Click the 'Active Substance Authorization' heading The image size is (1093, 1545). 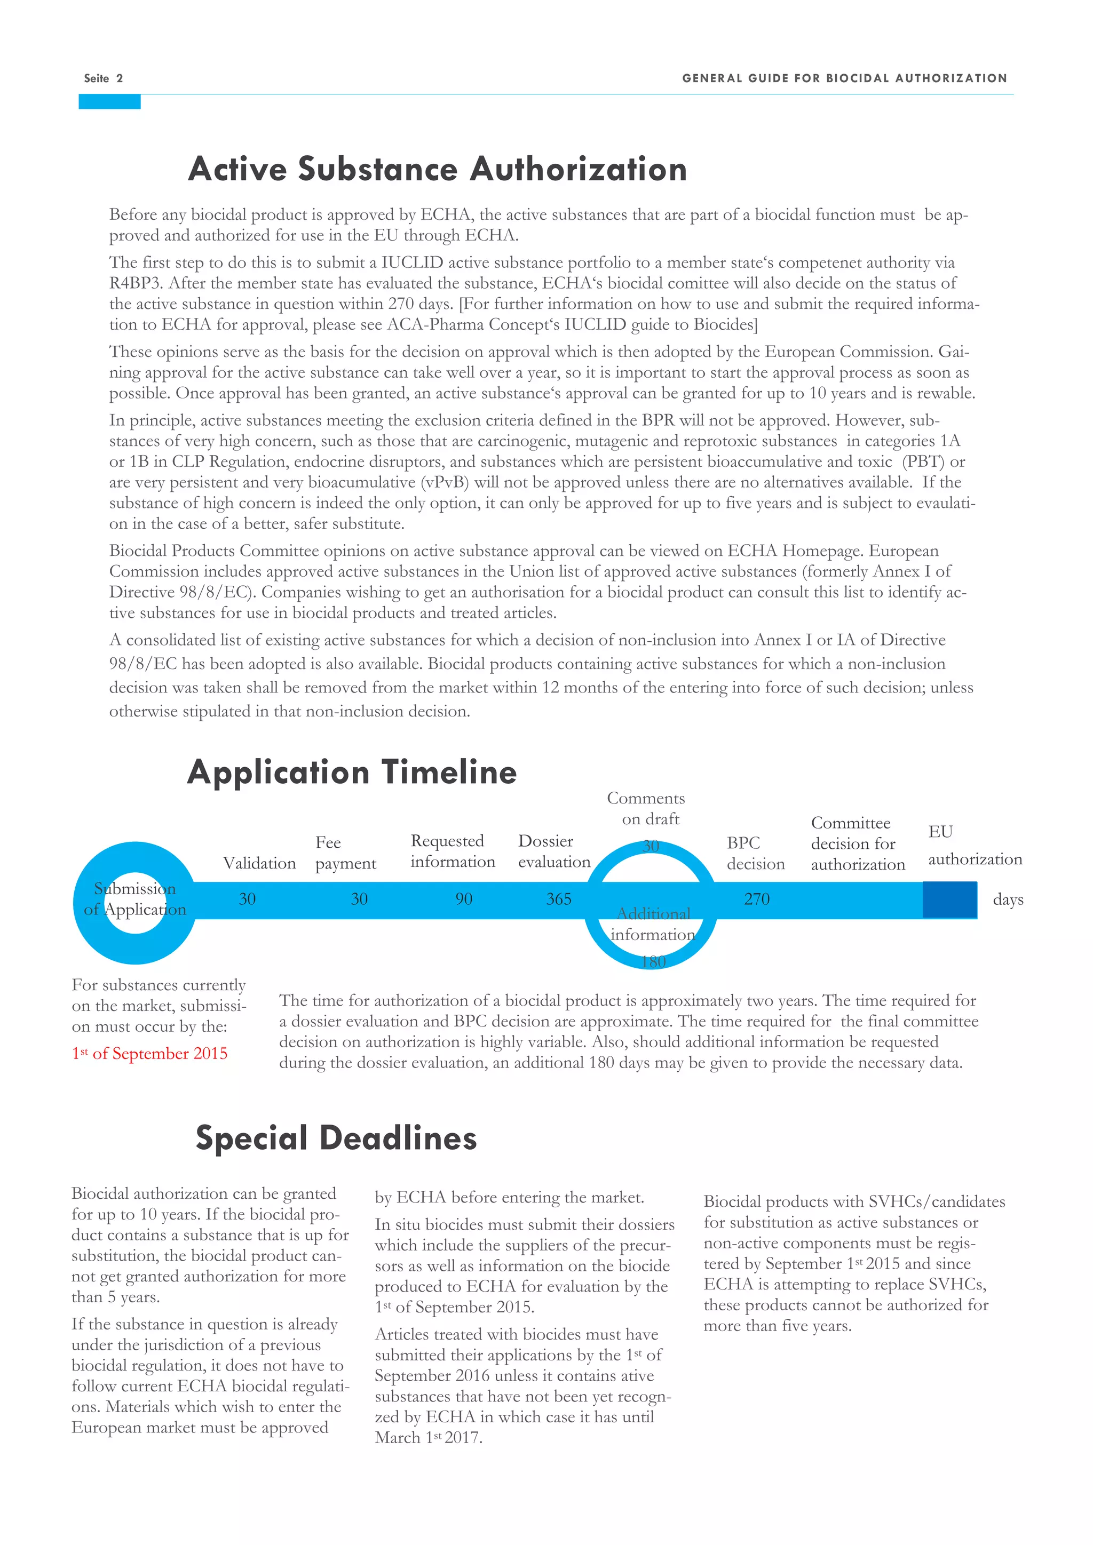[x=438, y=169]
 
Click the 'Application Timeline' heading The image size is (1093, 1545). [x=352, y=772]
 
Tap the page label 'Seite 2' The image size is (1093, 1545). [x=103, y=78]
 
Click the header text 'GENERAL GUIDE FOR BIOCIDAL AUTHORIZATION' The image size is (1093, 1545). [x=844, y=78]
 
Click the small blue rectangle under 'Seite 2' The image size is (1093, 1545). [x=109, y=101]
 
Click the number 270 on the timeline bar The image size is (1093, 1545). [x=756, y=899]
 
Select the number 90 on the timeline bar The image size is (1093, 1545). [x=464, y=899]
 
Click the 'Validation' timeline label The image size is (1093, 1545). [x=259, y=863]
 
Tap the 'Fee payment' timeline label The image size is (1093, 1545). [x=345, y=853]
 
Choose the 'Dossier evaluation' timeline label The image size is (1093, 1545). [x=553, y=851]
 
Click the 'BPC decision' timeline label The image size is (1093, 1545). [x=755, y=853]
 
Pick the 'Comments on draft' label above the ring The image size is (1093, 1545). [x=647, y=808]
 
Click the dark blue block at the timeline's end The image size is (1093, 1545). [x=949, y=899]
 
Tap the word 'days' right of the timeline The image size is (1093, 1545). [x=1008, y=899]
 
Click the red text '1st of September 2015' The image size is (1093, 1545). [x=149, y=1054]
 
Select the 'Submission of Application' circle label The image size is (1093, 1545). [x=135, y=899]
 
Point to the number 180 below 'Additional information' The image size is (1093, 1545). [x=653, y=961]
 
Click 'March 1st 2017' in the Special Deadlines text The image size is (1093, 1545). [x=428, y=1438]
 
